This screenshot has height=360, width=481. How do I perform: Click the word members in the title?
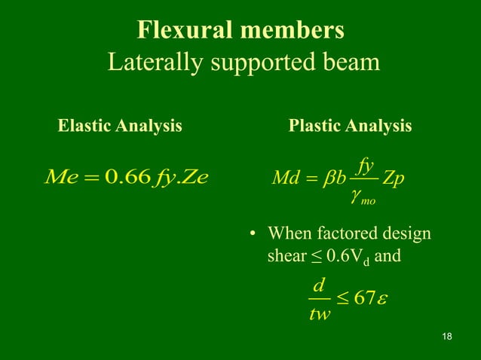tap(297, 30)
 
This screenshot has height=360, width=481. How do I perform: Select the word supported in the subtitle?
tap(262, 63)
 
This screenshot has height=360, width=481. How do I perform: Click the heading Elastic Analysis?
tap(120, 126)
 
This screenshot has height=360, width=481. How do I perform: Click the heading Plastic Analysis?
tap(350, 126)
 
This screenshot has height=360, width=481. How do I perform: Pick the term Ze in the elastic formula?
tap(191, 178)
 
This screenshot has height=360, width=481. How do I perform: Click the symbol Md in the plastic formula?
tap(285, 182)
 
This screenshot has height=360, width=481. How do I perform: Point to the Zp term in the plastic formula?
tap(393, 182)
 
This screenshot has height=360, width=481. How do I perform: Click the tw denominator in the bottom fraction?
tap(320, 313)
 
